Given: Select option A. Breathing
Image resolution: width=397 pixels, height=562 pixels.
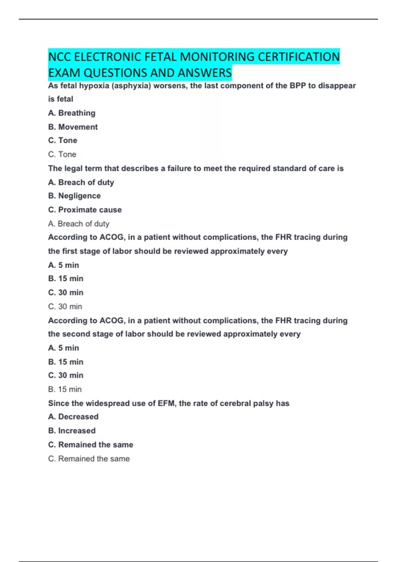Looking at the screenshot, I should point(72,113).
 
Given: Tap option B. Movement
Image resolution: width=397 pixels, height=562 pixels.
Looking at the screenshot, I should point(73,127).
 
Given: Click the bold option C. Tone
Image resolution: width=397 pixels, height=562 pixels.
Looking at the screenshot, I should point(63,140).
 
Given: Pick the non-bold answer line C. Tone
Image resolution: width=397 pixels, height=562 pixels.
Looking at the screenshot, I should point(62,154).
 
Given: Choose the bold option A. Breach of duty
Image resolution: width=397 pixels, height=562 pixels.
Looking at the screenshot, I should point(81,182).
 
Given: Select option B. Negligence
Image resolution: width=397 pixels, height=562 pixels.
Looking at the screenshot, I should point(74,196).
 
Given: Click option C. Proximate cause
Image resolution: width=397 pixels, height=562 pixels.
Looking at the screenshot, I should point(85,210).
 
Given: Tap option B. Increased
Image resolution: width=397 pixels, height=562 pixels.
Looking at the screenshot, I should point(72,431).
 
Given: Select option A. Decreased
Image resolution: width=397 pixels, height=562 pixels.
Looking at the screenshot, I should point(73,417).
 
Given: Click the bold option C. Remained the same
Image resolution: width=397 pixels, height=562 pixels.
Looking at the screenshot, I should point(91,445).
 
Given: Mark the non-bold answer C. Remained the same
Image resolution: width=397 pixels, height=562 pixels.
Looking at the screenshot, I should point(89,459).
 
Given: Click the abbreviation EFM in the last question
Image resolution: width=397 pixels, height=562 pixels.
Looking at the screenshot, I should point(167,403).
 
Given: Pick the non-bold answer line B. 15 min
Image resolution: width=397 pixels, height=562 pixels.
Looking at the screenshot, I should point(65,389).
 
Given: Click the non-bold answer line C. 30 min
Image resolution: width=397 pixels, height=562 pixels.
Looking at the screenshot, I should point(65,307).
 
